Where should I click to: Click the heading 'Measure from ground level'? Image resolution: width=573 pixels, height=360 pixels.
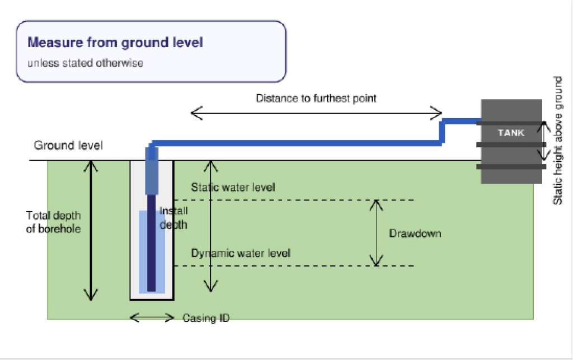pos(115,43)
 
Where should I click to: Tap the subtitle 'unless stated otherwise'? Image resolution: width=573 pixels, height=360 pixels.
pos(86,63)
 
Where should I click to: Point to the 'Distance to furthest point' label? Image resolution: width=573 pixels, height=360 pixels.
pos(316,99)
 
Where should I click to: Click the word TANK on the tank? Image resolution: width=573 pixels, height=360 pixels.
pos(511,133)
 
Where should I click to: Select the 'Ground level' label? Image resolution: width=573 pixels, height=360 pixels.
pos(68,146)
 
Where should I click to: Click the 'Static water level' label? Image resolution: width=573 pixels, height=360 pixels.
pos(233,188)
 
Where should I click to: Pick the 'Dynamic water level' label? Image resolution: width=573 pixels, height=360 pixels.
pos(241,253)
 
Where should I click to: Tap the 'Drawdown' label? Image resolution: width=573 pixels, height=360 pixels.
pos(415,233)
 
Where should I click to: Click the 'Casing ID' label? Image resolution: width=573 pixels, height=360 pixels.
pos(206,318)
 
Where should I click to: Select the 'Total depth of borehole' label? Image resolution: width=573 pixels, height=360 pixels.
pos(53,222)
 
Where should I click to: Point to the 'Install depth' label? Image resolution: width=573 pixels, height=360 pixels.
pos(173,217)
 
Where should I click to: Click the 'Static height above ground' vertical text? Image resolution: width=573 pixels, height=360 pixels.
pos(557,141)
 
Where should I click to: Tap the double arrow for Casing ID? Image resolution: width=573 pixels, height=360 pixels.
pos(152,317)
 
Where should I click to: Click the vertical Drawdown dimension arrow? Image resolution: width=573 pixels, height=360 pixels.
pos(376,233)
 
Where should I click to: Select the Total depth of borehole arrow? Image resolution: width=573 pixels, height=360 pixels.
pos(91,230)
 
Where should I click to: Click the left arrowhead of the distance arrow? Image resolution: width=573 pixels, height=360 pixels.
pos(196,113)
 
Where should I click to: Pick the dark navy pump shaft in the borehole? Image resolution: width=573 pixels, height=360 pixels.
pos(151,243)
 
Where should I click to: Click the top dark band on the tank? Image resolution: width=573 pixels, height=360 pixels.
pos(511,124)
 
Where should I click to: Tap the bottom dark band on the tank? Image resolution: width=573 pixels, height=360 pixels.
pos(511,167)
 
